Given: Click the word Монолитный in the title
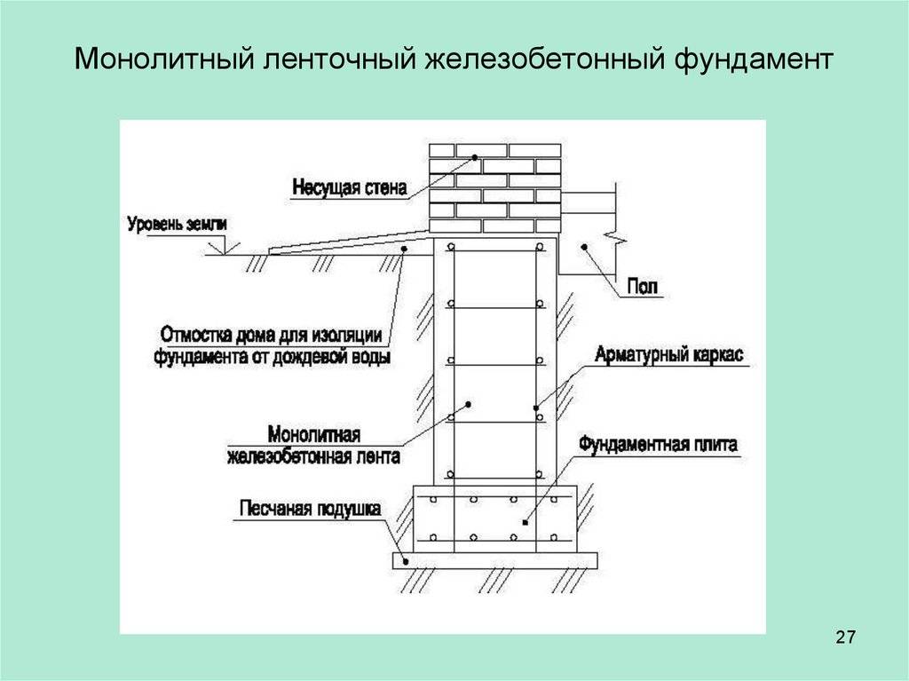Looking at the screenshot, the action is (x=165, y=59).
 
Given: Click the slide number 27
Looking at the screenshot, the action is (x=845, y=637).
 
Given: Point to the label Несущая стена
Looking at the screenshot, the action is (x=350, y=187).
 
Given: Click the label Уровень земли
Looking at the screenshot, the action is (x=178, y=224).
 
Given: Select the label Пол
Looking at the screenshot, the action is (x=643, y=287).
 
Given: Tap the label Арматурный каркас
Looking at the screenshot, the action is (x=669, y=354).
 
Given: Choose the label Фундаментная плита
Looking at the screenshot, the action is (x=659, y=444).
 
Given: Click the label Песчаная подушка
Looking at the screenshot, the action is (x=310, y=508).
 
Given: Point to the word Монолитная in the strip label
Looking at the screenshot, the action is (x=313, y=434).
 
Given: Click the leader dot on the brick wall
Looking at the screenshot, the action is (x=474, y=157).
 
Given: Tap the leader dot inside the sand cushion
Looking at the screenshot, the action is (x=407, y=560).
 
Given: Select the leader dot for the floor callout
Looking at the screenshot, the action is (x=584, y=247).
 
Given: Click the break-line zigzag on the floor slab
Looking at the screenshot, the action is (x=615, y=237).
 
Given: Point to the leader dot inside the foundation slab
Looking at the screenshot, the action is (x=525, y=523).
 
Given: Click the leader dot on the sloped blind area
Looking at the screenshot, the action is (x=404, y=249).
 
